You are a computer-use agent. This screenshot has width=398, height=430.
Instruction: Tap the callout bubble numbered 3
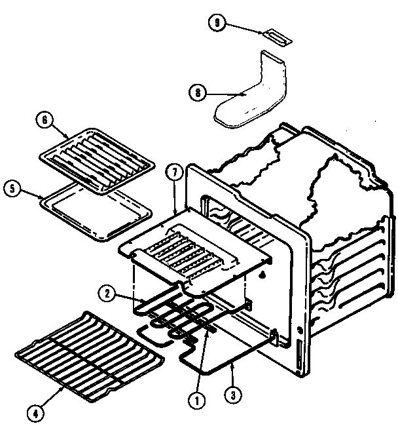(230, 395)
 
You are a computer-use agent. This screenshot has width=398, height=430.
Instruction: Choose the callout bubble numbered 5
(11, 187)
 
